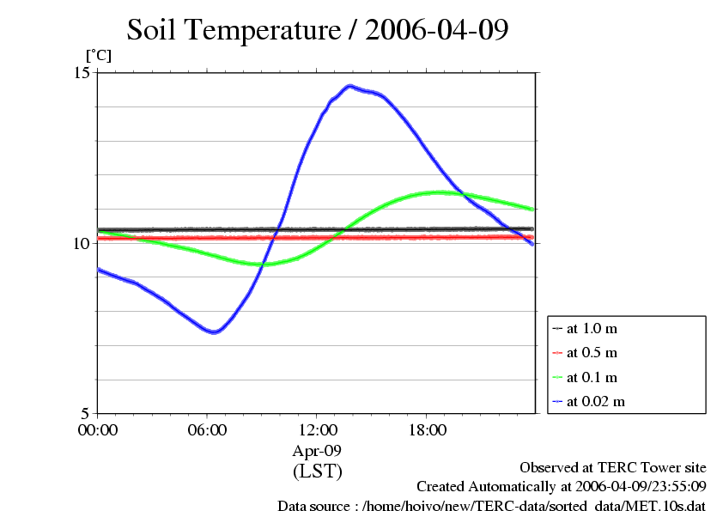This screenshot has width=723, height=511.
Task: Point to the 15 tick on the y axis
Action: click(82, 73)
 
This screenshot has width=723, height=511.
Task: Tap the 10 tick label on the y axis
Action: click(82, 243)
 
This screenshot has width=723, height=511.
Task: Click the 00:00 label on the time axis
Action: click(98, 429)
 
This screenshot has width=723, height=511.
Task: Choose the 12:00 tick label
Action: click(317, 429)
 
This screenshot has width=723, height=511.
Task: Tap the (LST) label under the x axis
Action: click(317, 471)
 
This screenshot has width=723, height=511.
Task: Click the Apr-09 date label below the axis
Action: click(317, 450)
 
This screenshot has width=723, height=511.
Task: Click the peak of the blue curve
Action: click(349, 86)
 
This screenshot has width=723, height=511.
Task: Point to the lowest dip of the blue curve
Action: click(215, 332)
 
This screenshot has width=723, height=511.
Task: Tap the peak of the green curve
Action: click(440, 192)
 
